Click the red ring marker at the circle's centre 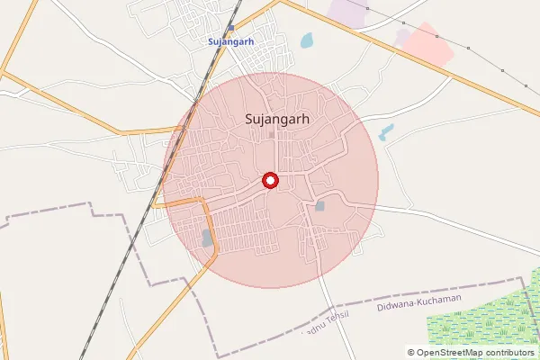270,180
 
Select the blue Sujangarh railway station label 231,41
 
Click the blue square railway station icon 231,28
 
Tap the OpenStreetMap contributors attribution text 472,353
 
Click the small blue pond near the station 307,40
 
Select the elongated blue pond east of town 387,132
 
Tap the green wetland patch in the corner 499,315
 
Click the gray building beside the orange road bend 208,238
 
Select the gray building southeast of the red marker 320,206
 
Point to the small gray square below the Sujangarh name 271,135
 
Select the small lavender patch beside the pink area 402,35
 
